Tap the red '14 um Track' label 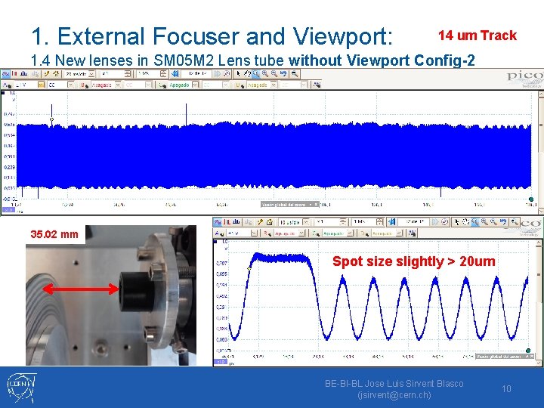coord(478,36)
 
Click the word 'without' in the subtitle coord(317,60)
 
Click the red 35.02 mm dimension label coord(54,234)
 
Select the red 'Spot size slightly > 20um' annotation coord(414,261)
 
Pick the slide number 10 coord(507,388)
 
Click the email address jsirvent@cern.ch coord(394,394)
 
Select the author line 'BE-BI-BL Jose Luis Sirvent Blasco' coord(394,383)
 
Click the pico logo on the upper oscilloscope coord(524,76)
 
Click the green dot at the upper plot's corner coord(531,199)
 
